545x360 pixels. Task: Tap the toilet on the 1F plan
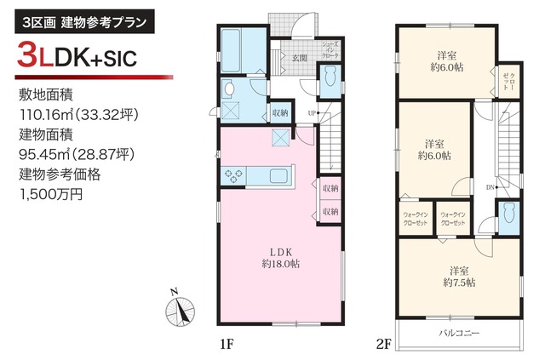pyautogui.click(x=331, y=77)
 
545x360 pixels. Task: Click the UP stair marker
pyautogui.click(x=312, y=112)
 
